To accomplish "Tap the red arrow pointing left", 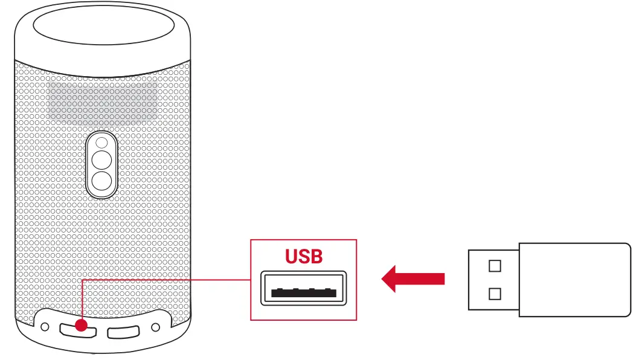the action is (x=413, y=278).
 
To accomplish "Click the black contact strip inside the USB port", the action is (x=304, y=292).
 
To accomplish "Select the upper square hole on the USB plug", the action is (x=495, y=266).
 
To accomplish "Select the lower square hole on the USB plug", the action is (x=495, y=294).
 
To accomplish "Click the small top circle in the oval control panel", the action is (x=102, y=143).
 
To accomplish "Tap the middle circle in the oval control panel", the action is (x=102, y=160).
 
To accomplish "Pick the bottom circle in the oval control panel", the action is (x=102, y=181).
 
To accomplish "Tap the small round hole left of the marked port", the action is (x=44, y=327).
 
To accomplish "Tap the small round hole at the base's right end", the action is (x=156, y=327).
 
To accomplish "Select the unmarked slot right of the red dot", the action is (x=123, y=332).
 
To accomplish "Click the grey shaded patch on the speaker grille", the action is (x=103, y=100).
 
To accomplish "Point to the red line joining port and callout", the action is (x=169, y=280).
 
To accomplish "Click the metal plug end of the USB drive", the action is (x=493, y=280).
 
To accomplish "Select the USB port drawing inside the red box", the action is (x=304, y=288).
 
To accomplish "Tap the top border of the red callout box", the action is (x=304, y=240).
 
